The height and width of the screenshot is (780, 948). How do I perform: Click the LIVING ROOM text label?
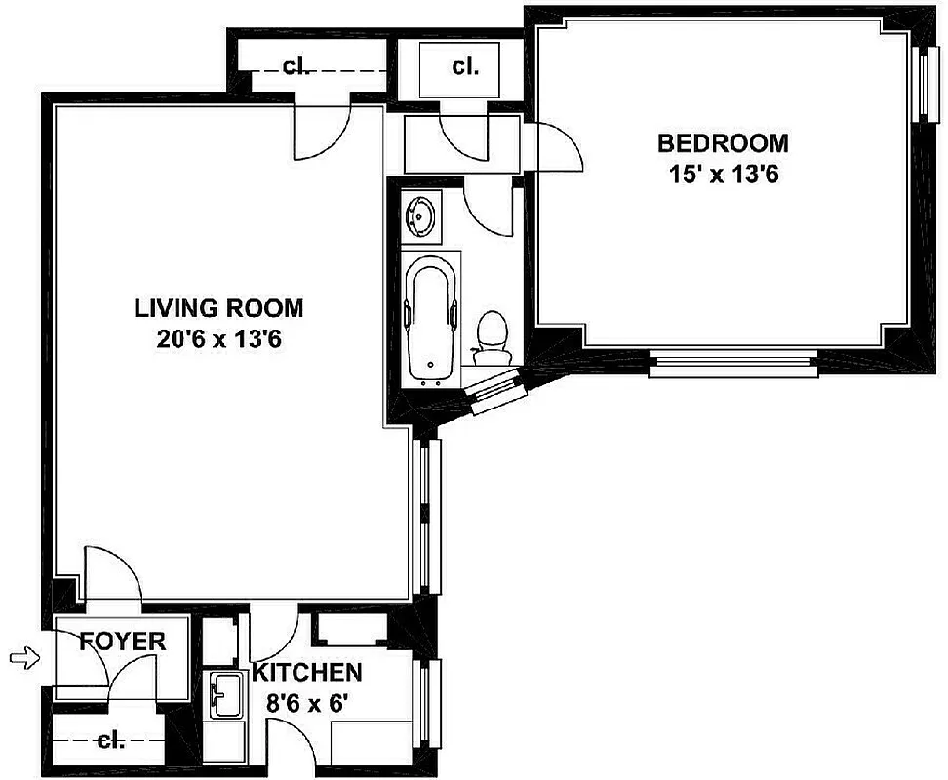coord(218,308)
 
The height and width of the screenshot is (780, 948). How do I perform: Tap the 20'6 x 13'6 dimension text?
coord(218,340)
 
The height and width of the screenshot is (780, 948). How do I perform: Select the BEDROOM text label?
coord(723,143)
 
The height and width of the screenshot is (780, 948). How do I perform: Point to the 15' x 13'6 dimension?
coord(723,175)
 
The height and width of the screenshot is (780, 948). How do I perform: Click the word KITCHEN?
coord(307,672)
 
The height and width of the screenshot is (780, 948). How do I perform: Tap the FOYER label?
coord(122,643)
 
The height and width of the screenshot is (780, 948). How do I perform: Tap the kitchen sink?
coord(226,695)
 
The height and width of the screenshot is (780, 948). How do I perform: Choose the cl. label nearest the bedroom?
coord(465,67)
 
